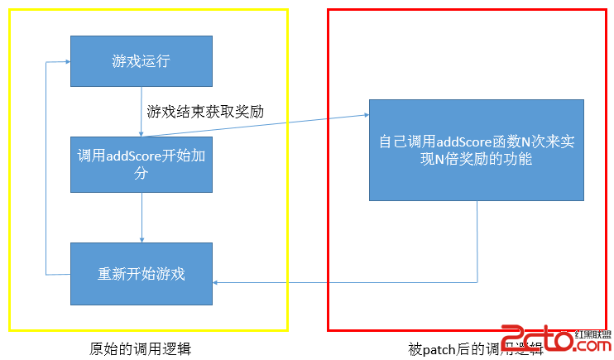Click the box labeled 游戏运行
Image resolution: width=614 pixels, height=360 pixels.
point(142,60)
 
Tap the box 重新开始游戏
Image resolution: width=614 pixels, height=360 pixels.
point(142,273)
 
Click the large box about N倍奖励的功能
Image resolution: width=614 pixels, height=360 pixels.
point(477,150)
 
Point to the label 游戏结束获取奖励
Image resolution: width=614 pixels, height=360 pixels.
point(205,111)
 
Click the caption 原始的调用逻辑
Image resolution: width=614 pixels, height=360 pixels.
point(141,348)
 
